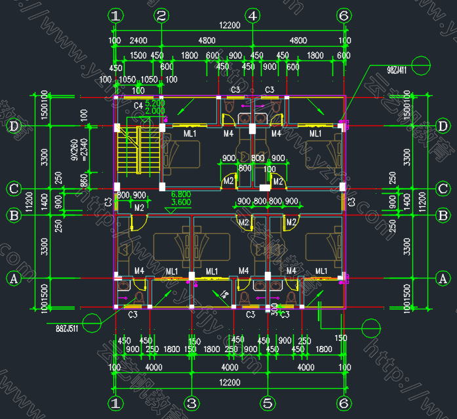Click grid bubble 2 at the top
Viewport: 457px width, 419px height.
pyautogui.click(x=162, y=15)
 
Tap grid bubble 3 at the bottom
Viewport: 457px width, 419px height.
pyautogui.click(x=191, y=403)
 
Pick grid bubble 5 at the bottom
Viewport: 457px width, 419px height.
pyautogui.click(x=266, y=403)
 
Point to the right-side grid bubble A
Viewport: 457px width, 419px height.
pyautogui.click(x=443, y=279)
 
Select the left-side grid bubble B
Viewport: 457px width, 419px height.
pyautogui.click(x=13, y=215)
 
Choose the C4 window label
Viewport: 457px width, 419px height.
pyautogui.click(x=138, y=106)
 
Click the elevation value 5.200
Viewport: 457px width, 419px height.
pyautogui.click(x=155, y=104)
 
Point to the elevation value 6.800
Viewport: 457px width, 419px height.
pyautogui.click(x=181, y=195)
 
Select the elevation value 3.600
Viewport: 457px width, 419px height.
pyautogui.click(x=181, y=203)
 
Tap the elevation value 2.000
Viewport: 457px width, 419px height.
pyautogui.click(x=155, y=112)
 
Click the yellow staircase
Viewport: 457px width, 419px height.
pyautogui.click(x=130, y=151)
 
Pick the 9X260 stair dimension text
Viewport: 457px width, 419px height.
pyautogui.click(x=75, y=149)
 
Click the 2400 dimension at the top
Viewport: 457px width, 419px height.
pyautogui.click(x=138, y=41)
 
